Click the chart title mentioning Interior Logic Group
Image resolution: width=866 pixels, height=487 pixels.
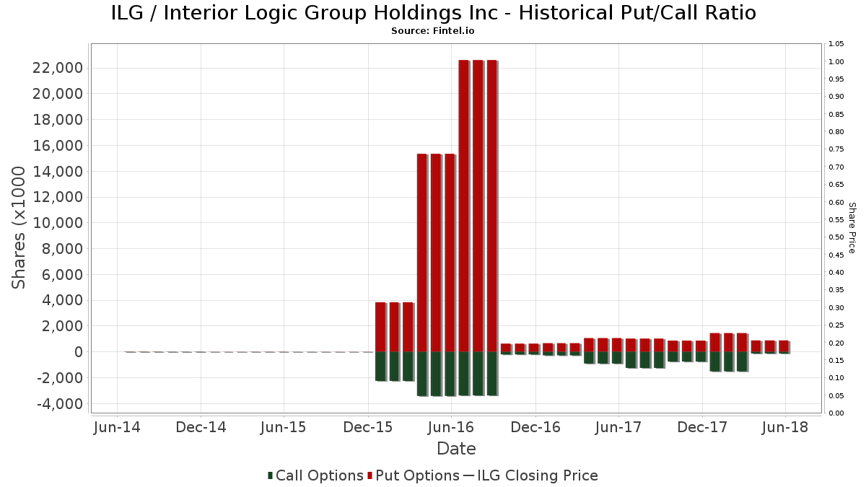[x=433, y=13]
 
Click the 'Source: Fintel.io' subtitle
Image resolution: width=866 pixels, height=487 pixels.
[x=433, y=31]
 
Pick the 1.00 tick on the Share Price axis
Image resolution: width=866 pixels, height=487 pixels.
[x=836, y=62]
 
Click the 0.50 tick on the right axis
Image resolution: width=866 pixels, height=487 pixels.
[x=836, y=237]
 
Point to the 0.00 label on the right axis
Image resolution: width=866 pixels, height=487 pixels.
[x=836, y=413]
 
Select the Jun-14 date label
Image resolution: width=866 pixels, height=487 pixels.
[x=117, y=427]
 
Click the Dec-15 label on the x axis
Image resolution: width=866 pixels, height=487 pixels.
[x=368, y=427]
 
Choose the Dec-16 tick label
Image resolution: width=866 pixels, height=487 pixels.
[x=535, y=427]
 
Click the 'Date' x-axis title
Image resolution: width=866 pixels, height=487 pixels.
[x=456, y=449]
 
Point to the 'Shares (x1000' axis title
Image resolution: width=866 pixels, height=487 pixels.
[x=19, y=227]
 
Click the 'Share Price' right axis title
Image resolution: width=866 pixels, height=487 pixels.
[x=852, y=227]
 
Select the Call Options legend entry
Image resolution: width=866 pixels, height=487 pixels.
[x=315, y=475]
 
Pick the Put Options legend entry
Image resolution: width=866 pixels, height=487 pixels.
[x=414, y=475]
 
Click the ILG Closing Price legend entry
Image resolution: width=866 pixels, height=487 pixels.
[x=530, y=475]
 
